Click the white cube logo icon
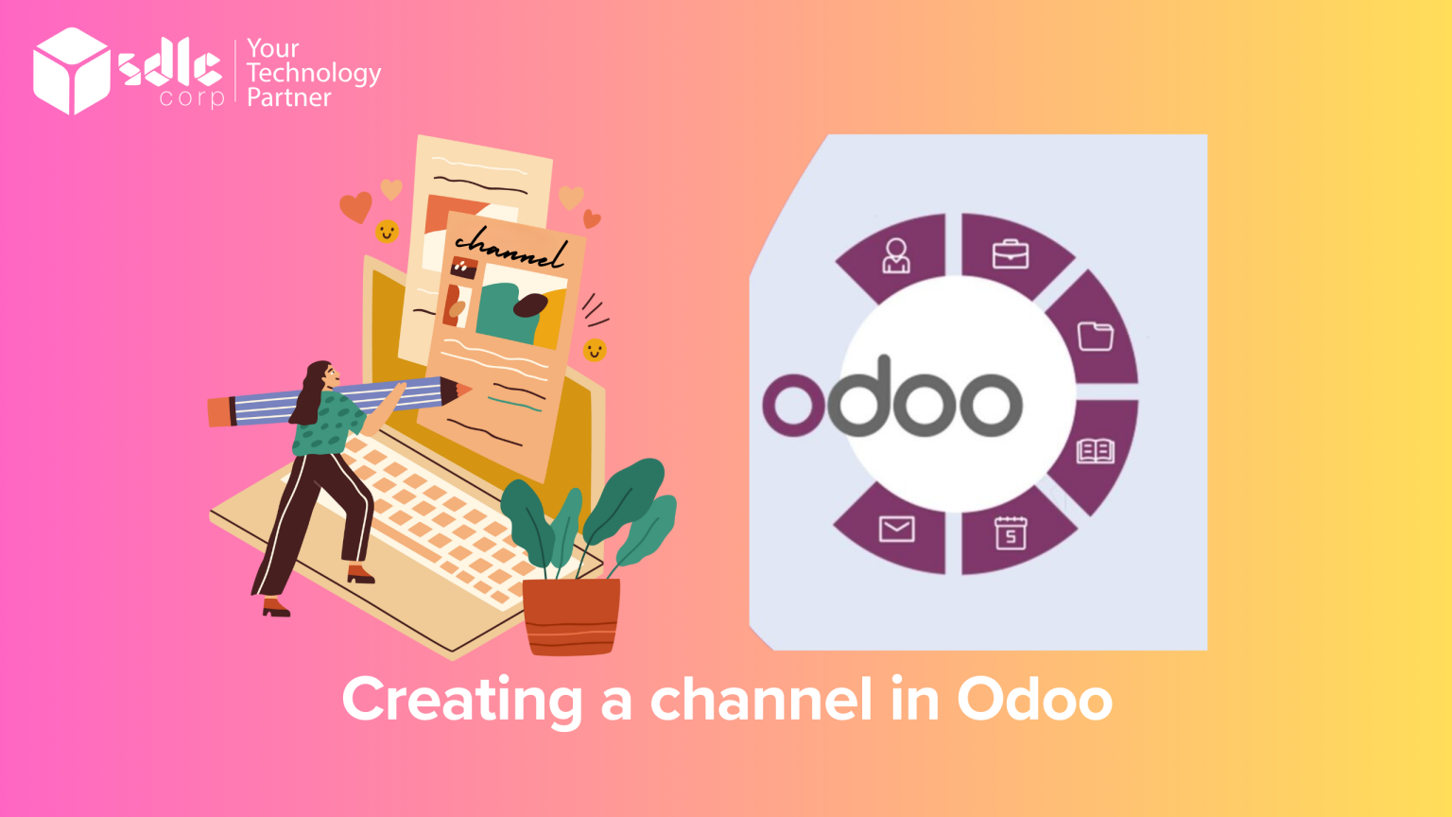(x=72, y=71)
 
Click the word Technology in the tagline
(x=314, y=74)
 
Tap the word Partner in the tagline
(x=288, y=98)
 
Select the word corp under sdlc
(x=191, y=98)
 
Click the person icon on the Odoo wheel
(x=895, y=255)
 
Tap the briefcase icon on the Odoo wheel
(x=1010, y=254)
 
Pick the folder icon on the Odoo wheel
(x=1095, y=336)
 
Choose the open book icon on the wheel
(x=1095, y=451)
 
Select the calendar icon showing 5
(x=1010, y=533)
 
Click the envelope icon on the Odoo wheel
(x=896, y=529)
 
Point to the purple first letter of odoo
(x=792, y=404)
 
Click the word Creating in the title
(x=461, y=701)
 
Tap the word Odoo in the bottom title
(x=1034, y=701)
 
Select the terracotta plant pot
(x=571, y=616)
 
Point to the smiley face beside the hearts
(x=387, y=232)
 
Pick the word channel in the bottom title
(x=760, y=701)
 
